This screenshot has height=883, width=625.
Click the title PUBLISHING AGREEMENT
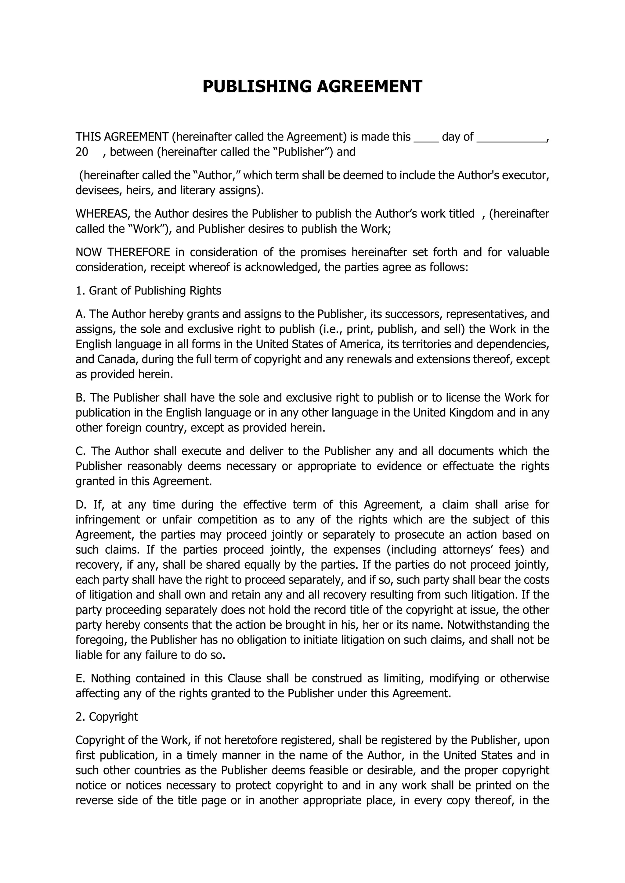coord(312,87)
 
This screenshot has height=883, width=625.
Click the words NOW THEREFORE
coord(123,252)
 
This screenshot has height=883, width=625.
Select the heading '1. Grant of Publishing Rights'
coord(148,291)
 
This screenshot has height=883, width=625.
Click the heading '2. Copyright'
coord(107,717)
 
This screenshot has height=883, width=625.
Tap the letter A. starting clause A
coord(81,314)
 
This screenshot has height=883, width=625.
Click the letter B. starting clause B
coord(81,397)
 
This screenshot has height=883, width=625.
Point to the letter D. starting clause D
coord(81,504)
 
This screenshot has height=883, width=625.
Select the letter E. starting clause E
coord(80,678)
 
